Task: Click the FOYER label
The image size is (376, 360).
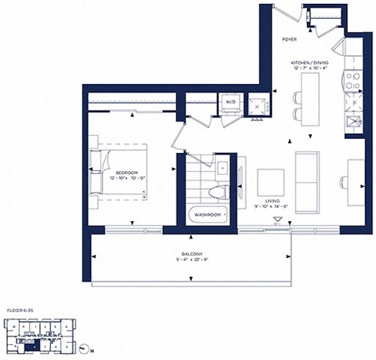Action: tap(287, 37)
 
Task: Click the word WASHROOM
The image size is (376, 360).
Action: tap(207, 213)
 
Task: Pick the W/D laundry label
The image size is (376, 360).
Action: tap(231, 102)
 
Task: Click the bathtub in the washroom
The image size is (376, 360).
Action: tap(205, 213)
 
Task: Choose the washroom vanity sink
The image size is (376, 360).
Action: tap(222, 165)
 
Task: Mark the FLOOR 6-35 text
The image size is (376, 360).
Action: tap(20, 311)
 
